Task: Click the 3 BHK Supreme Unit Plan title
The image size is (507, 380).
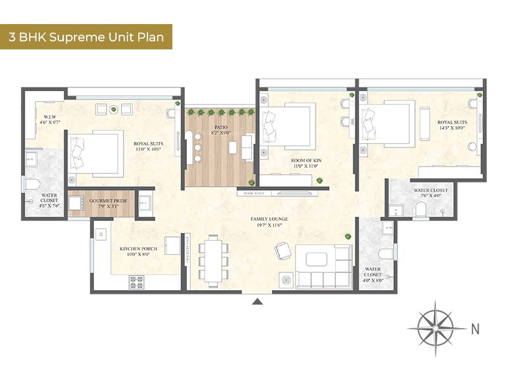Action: coord(86,37)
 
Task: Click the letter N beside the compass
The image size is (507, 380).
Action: coord(475,329)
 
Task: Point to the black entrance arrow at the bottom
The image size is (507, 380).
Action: coord(257,301)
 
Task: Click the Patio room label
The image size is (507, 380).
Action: coord(221,130)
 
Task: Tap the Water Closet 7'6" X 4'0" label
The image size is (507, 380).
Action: coord(430,193)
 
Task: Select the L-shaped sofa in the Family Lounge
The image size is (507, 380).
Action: coord(324,266)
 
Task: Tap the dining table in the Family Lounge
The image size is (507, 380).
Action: coord(213,258)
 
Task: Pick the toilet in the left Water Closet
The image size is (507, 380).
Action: coord(32,184)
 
